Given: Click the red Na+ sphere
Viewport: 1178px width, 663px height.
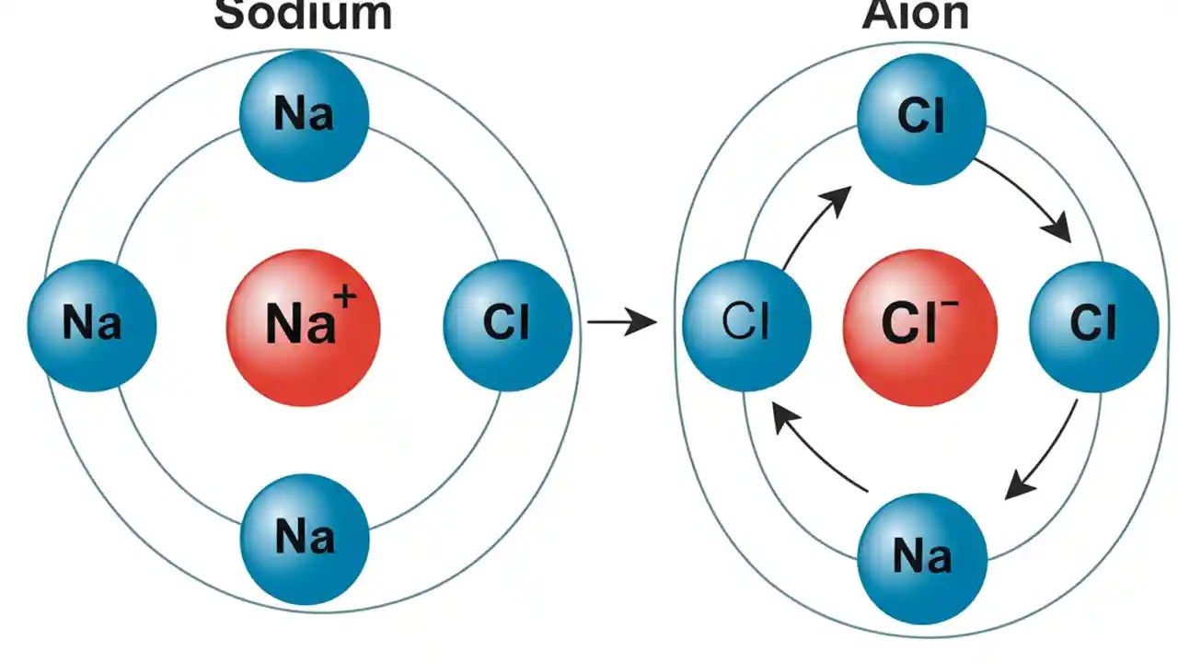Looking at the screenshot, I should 304,327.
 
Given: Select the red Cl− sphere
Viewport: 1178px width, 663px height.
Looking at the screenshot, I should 919,327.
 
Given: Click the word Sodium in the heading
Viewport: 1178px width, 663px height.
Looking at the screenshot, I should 304,15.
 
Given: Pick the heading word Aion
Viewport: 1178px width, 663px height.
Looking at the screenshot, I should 916,15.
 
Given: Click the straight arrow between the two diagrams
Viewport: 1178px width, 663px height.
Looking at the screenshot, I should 621,322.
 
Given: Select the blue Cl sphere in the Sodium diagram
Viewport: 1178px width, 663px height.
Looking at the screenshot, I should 507,324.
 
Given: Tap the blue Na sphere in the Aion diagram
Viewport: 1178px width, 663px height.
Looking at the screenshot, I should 922,557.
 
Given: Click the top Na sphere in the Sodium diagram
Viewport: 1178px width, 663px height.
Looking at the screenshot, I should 304,115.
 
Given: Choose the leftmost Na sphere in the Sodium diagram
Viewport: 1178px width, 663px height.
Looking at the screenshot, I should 92,325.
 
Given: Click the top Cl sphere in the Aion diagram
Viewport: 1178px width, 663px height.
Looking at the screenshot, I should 921,118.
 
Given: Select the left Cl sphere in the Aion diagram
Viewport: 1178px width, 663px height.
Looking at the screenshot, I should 746,324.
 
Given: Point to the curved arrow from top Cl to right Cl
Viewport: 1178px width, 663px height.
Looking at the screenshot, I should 1026,198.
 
